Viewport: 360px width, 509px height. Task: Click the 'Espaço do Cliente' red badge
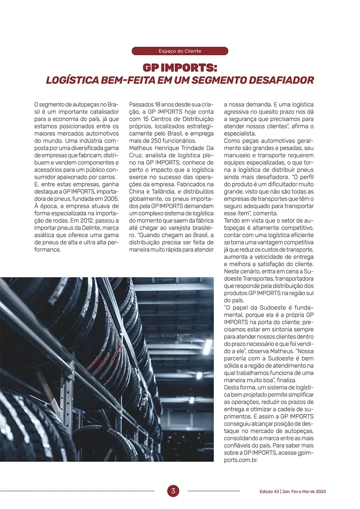click(x=180, y=51)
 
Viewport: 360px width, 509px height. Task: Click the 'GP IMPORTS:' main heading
click(x=180, y=68)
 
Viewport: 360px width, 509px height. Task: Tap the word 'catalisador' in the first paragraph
click(x=104, y=112)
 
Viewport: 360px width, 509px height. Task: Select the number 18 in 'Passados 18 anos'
click(x=157, y=105)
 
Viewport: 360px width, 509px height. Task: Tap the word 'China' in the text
click(x=137, y=192)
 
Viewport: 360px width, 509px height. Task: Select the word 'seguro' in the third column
click(x=233, y=206)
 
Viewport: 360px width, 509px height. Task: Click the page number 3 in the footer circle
click(x=173, y=491)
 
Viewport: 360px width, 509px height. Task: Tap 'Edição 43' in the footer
click(x=269, y=491)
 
